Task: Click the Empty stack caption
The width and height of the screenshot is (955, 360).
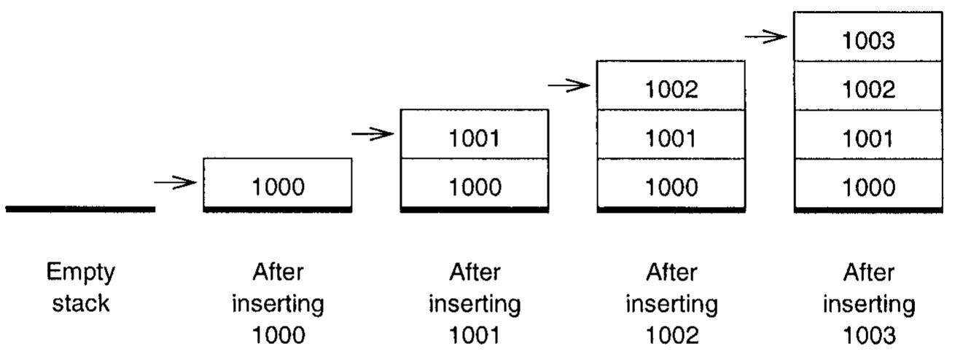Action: click(81, 288)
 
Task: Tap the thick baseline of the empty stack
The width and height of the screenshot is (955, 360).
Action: click(81, 209)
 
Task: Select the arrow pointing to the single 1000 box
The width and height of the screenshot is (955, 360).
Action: click(176, 183)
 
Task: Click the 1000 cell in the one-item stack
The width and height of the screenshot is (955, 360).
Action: click(278, 187)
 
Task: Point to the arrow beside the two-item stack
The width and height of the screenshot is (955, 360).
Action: click(373, 134)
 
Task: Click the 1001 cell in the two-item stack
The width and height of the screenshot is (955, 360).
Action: click(475, 138)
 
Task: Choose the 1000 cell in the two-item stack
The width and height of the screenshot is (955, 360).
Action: click(475, 187)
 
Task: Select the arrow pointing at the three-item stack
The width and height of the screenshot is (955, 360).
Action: click(569, 86)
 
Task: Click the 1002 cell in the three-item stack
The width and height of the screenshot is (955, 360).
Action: click(671, 90)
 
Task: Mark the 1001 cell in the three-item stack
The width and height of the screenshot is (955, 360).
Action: click(671, 138)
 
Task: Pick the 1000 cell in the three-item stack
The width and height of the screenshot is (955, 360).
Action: click(671, 187)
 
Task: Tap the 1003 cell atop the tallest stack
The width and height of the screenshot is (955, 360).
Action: click(868, 41)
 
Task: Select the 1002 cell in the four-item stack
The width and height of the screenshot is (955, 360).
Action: click(868, 90)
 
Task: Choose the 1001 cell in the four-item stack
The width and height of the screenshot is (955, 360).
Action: click(868, 138)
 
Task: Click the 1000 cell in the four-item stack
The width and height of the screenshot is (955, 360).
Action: click(868, 187)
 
